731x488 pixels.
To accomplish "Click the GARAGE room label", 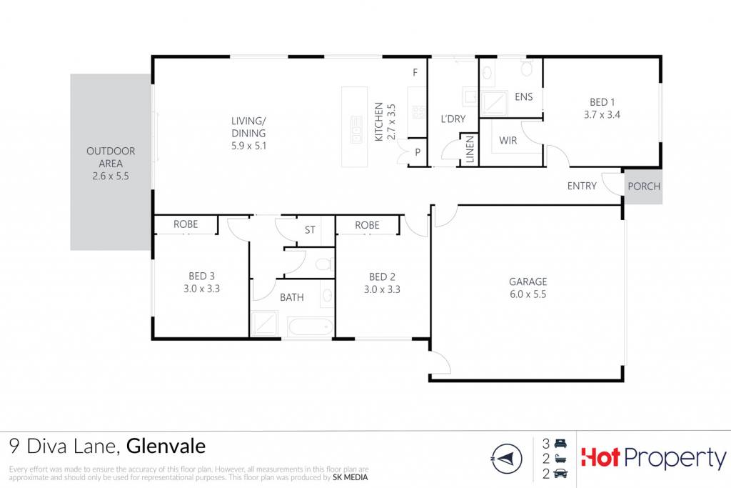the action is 528,282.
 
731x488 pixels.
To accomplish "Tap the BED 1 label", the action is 602,101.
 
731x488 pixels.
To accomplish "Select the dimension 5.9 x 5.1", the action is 248,146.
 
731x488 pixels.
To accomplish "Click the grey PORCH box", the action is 643,186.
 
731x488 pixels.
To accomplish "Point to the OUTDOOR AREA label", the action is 111,157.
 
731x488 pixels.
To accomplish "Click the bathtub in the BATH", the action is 311,326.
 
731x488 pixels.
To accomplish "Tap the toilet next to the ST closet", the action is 325,264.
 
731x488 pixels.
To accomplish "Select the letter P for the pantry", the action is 417,152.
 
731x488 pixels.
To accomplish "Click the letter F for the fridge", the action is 415,72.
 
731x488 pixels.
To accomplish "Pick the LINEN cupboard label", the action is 470,149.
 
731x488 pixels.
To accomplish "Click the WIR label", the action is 508,140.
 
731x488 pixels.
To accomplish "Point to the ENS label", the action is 523,96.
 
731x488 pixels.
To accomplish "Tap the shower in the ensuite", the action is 494,103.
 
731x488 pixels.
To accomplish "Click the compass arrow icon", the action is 507,459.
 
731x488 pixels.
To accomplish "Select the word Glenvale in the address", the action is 166,446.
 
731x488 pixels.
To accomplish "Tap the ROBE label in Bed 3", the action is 186,224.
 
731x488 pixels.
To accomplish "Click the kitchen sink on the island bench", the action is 357,129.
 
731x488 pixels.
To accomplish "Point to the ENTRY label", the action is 582,186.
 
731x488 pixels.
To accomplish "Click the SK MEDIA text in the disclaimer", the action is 350,477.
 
